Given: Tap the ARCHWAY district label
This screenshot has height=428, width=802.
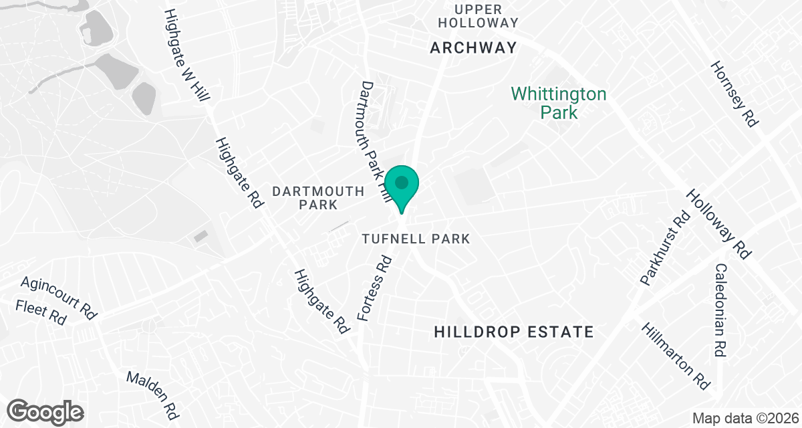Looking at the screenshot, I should tap(473, 47).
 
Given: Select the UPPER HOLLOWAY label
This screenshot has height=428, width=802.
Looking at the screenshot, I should tap(486, 16).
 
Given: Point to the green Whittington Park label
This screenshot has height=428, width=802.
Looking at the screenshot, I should tap(559, 102).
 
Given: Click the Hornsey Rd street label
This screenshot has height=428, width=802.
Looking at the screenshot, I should tap(734, 94).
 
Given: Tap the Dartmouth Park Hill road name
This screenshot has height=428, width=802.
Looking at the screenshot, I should tap(374, 138).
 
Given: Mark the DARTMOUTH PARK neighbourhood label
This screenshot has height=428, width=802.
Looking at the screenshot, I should tap(319, 198).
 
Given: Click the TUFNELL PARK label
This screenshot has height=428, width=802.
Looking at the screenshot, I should tap(416, 239).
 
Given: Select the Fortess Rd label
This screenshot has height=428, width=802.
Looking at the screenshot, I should tap(374, 288).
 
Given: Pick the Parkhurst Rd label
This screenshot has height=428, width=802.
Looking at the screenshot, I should tap(664, 249).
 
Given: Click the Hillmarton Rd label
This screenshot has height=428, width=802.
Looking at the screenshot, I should tap(676, 356).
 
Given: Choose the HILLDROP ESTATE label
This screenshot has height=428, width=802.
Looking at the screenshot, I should tap(513, 332).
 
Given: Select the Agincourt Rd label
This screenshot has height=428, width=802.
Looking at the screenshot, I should tap(59, 295).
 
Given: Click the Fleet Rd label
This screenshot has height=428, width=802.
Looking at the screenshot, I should tap(41, 312).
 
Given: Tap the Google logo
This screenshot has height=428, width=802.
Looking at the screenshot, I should tap(45, 411).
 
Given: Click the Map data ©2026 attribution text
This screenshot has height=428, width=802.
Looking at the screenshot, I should tap(744, 419).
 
